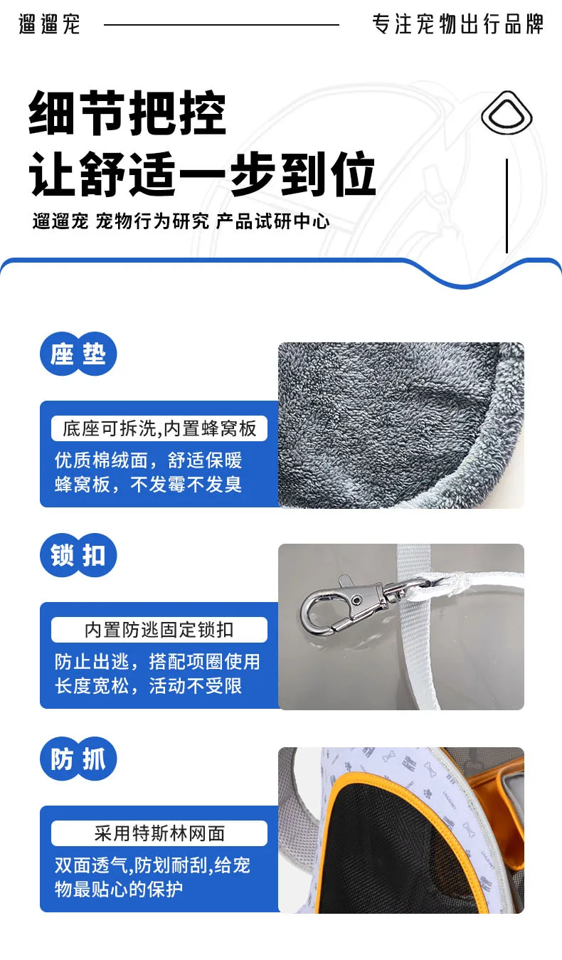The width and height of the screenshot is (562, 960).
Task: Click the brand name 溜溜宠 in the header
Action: click(x=49, y=24)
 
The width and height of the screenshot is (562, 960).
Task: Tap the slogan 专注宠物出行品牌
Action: click(x=457, y=24)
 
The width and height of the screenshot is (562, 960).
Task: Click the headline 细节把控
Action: click(x=127, y=112)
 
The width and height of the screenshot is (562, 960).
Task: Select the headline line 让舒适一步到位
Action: click(x=202, y=174)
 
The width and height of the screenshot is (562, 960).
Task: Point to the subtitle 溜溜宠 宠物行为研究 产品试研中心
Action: click(x=181, y=221)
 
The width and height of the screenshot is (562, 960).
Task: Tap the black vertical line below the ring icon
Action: click(x=507, y=206)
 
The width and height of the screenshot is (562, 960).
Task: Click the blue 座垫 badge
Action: click(x=78, y=354)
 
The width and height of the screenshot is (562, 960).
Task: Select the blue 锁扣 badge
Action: click(x=78, y=555)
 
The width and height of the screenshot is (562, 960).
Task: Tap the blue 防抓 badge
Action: click(x=78, y=759)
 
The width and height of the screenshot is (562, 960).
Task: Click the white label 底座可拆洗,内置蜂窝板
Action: click(x=159, y=428)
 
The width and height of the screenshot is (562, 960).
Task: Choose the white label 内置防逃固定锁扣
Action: click(x=159, y=630)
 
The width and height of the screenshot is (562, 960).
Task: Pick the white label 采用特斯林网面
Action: click(x=159, y=833)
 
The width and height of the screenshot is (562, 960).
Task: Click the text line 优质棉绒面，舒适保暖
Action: click(x=148, y=460)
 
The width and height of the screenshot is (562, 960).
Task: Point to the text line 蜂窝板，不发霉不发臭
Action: click(x=148, y=485)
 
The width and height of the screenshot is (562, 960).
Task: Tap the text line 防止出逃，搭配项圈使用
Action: click(x=157, y=662)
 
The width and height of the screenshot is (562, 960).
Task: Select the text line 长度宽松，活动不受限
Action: click(x=148, y=686)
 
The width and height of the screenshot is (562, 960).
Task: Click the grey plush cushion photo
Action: click(x=401, y=425)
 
